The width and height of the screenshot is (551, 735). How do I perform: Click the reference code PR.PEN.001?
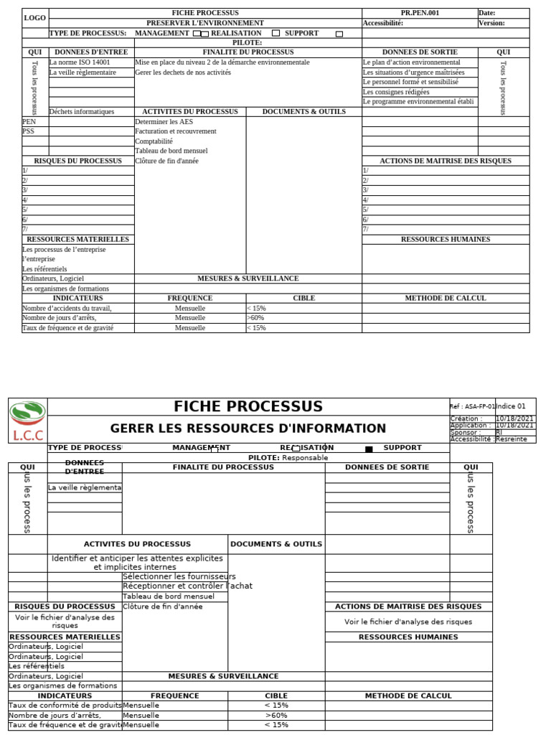point(420,13)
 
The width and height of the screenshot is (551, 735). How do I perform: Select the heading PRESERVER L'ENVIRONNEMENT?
point(205,23)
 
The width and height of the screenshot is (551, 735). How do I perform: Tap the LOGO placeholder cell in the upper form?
point(34,18)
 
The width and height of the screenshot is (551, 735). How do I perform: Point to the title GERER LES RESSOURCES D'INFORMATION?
point(248,429)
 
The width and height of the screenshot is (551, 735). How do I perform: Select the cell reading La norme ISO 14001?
point(80,62)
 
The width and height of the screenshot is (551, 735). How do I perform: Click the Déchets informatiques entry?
point(82,112)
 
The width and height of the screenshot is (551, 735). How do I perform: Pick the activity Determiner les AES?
point(164,122)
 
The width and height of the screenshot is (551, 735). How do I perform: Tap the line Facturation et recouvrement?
point(175,131)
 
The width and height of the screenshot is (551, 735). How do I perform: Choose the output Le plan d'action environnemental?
point(411,62)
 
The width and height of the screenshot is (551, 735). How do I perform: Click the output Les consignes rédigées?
point(396,92)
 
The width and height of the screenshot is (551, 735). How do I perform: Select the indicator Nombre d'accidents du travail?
point(67,308)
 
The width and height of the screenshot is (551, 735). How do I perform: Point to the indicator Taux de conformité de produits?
point(65,705)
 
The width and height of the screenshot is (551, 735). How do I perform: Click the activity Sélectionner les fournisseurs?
point(179,576)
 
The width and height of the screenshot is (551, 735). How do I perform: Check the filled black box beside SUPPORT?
point(369,449)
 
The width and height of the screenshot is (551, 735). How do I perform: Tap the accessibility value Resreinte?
point(511,439)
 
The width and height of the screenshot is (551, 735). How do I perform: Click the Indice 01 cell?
point(511,406)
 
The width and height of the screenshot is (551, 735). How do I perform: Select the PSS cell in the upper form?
point(29,131)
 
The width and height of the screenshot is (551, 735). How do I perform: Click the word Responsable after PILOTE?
point(305,457)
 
